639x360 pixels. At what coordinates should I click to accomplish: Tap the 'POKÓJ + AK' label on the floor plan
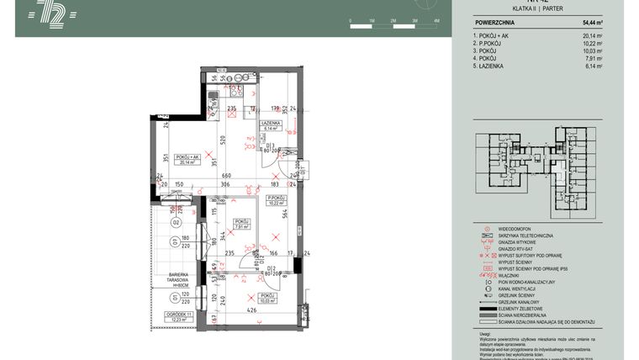coord(182,157)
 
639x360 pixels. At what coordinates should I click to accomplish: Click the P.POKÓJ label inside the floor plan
coord(277,199)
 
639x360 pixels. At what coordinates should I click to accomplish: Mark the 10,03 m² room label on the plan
coord(268,299)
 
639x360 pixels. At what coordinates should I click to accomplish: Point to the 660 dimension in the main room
coord(225,175)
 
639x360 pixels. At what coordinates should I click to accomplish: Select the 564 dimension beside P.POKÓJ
coord(285,213)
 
